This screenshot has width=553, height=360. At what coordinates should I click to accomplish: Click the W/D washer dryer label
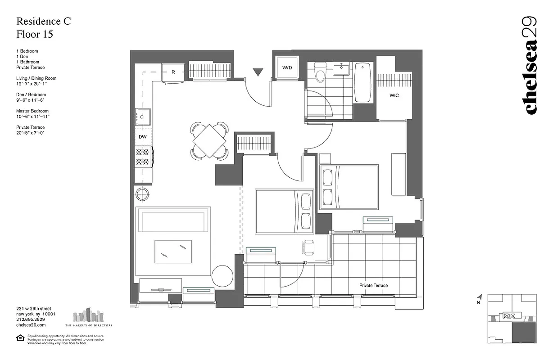click(x=287, y=68)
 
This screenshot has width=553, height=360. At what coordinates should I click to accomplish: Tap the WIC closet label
click(x=394, y=95)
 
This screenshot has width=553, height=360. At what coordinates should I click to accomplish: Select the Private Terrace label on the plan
click(x=373, y=285)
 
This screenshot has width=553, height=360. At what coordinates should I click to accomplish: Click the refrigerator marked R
click(x=173, y=72)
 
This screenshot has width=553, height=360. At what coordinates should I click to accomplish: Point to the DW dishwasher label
click(x=142, y=136)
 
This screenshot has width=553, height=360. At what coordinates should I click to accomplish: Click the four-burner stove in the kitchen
click(x=142, y=156)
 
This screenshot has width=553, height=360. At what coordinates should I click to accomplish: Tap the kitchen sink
click(x=142, y=117)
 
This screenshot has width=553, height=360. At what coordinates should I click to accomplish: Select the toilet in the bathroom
click(x=320, y=73)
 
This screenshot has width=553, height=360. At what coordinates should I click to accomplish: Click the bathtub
click(x=363, y=82)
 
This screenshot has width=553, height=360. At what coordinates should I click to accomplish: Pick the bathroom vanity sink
click(x=342, y=70)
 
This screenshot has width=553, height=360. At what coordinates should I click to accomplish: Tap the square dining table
click(x=209, y=141)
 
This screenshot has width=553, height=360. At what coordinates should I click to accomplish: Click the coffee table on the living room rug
click(x=173, y=251)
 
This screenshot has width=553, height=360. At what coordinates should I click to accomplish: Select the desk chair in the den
click(x=309, y=247)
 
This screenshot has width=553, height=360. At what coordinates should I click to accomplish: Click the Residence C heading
click(x=43, y=21)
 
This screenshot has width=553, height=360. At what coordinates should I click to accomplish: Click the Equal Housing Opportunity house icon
click(x=20, y=337)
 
